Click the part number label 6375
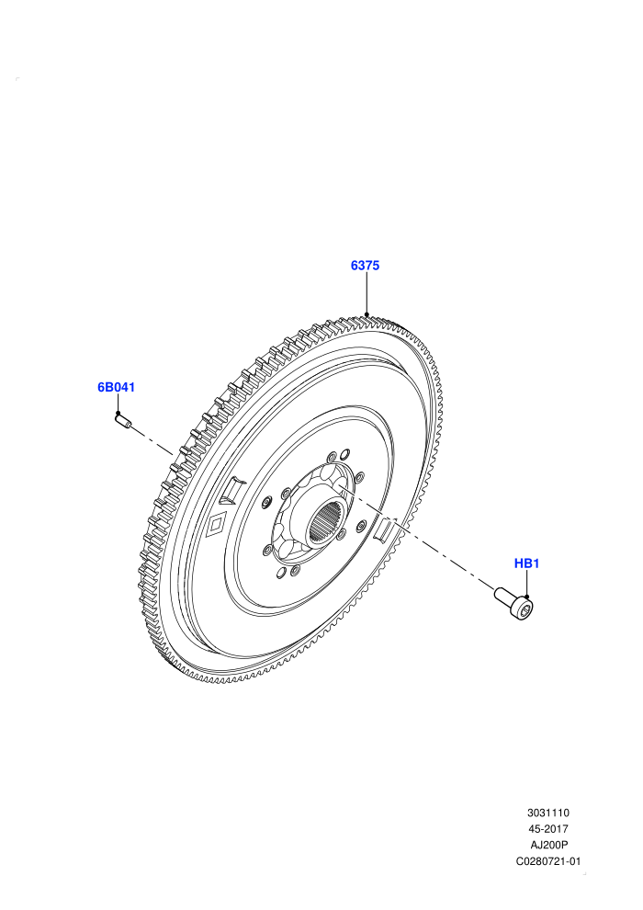(365, 266)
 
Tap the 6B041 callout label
(116, 387)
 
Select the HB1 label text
(526, 563)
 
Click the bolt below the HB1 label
(514, 603)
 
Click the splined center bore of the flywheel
(326, 518)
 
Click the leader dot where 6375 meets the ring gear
(367, 315)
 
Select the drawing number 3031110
(547, 813)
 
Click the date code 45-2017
(547, 829)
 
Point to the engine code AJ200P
(547, 845)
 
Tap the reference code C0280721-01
(547, 861)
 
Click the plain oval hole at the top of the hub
(345, 452)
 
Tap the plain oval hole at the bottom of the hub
(281, 574)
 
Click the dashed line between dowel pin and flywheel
(152, 441)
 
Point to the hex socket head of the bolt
(525, 609)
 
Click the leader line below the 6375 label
(367, 294)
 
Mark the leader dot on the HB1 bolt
(526, 597)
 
